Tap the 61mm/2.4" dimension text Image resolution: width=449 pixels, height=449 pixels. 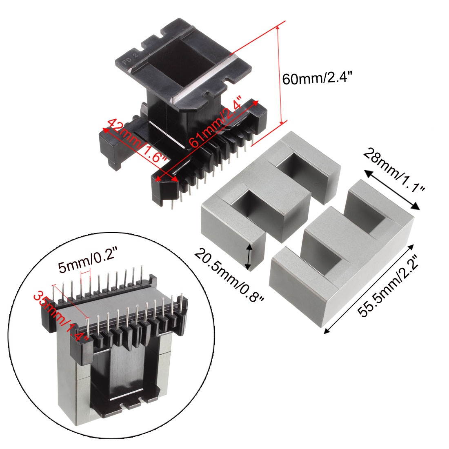pos(216,123)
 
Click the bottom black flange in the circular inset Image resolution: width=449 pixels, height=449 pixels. pos(127,402)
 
